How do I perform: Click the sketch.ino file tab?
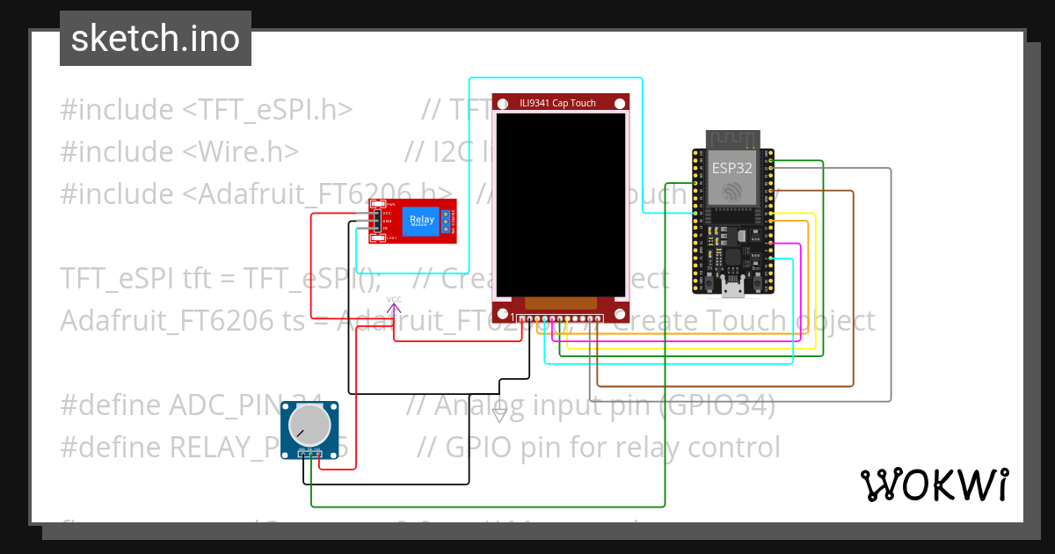coord(155,39)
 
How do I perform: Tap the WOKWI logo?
coord(934,485)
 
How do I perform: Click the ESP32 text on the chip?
coord(731,168)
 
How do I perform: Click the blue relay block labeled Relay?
coord(421,220)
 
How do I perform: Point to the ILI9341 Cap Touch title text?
coord(557,103)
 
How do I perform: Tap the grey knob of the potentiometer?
coord(309,426)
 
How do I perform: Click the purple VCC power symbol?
coord(394,306)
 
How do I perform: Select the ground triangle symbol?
coord(499,416)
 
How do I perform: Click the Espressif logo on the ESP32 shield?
coord(731,192)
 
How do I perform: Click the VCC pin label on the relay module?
coord(385,214)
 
